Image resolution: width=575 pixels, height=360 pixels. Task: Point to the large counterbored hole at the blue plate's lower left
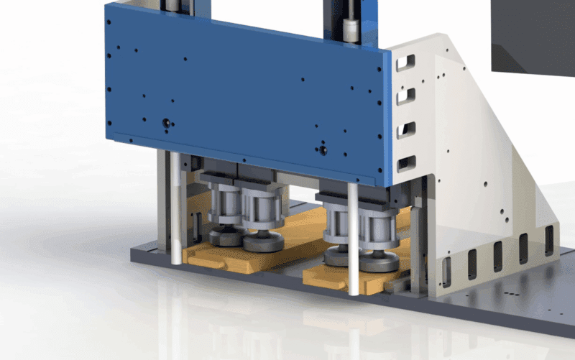(x=167, y=123)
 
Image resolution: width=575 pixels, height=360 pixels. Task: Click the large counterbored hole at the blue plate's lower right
(x=322, y=150)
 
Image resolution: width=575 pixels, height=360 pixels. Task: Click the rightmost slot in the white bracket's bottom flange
(x=549, y=240)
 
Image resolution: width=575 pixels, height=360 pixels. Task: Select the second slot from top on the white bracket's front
(x=406, y=94)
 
